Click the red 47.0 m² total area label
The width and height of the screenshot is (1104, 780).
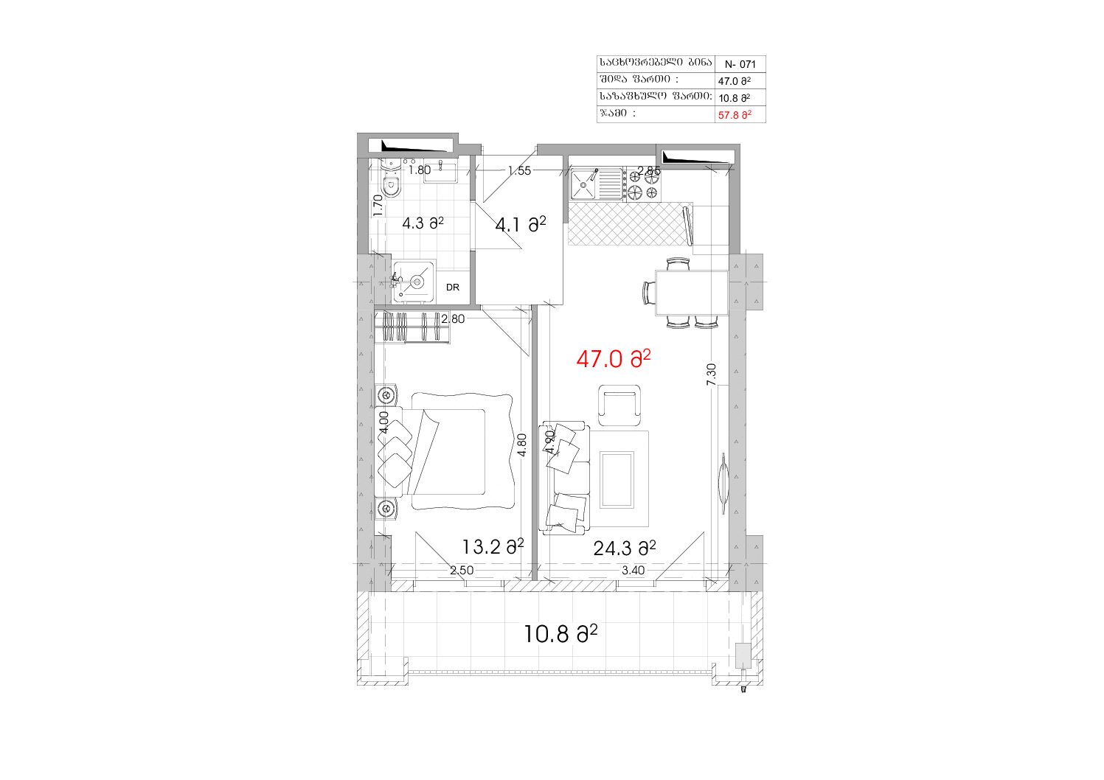pos(613,359)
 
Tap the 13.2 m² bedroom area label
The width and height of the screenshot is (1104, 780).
pos(493,546)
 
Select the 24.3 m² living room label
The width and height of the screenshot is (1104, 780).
pos(625,548)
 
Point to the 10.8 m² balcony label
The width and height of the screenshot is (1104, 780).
pos(560,633)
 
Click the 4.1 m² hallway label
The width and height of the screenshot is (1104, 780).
pos(521,225)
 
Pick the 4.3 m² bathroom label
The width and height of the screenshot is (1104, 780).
pos(423,223)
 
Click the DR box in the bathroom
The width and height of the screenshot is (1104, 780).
pos(453,288)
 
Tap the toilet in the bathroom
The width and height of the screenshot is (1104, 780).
pos(392,181)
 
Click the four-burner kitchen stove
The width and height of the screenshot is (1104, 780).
pos(643,185)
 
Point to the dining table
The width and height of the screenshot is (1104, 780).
pos(692,293)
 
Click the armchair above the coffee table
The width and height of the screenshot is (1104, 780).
pos(619,405)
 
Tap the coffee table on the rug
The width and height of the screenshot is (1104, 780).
pos(617,479)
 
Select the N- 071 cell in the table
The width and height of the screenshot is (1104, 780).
pos(740,64)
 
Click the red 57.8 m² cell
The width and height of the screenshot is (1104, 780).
pos(735,115)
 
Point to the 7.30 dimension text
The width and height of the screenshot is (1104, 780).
pos(711,375)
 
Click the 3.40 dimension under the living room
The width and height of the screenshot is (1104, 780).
pos(633,570)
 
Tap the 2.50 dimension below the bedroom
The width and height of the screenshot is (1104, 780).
pos(462,570)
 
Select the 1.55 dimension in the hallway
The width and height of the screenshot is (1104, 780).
pos(519,170)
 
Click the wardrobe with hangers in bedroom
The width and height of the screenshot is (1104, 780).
pos(412,327)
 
